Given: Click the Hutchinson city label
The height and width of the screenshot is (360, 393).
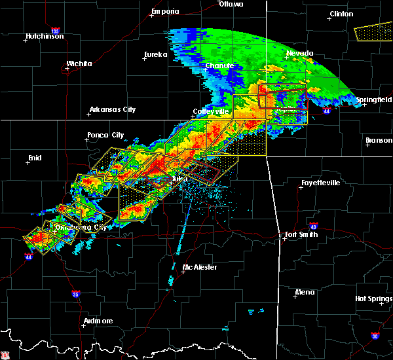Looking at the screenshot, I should click(45, 36).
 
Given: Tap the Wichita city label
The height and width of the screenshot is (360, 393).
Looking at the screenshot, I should click(79, 64).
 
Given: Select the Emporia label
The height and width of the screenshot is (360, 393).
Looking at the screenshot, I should click(165, 12).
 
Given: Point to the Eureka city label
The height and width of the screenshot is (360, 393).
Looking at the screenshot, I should click(156, 55).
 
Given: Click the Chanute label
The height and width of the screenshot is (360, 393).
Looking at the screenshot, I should click(219, 66).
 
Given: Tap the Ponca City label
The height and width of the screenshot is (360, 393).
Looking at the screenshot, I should click(105, 135).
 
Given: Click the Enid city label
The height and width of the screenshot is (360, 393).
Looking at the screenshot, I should click(34, 158).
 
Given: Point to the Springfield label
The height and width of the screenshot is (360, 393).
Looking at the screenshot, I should click(374, 99).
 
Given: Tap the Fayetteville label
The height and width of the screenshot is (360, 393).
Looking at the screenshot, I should click(320, 183).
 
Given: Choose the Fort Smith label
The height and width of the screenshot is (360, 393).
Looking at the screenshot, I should click(301, 234).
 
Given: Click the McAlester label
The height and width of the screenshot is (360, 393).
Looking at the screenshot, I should click(200, 267).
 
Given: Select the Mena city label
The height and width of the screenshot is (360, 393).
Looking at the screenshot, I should click(305, 292).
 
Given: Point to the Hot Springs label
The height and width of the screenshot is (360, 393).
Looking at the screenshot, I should click(373, 298).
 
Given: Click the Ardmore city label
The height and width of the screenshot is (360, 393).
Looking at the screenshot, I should click(98, 321).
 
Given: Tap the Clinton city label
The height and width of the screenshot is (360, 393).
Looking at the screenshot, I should click(341, 14).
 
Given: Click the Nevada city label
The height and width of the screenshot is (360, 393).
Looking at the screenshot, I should click(300, 53).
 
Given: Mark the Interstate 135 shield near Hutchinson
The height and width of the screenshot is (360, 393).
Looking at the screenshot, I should click(55, 31).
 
